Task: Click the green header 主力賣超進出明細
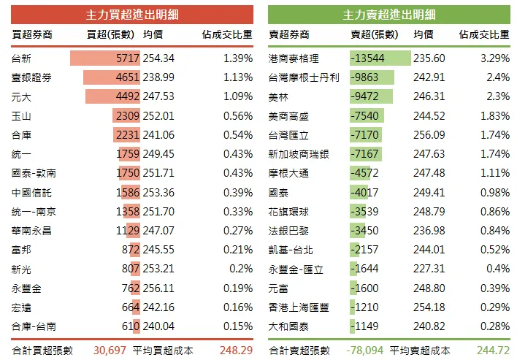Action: [x=388, y=15]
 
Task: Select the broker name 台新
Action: [x=22, y=58]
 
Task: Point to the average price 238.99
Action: [x=158, y=77]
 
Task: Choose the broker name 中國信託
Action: [x=31, y=192]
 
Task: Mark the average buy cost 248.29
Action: [x=236, y=350]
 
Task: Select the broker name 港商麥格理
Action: [x=294, y=58]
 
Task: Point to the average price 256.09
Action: [x=429, y=134]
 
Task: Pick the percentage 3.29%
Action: [x=494, y=58]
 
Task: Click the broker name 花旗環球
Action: [x=288, y=211]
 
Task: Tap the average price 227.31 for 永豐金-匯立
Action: [x=429, y=269]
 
